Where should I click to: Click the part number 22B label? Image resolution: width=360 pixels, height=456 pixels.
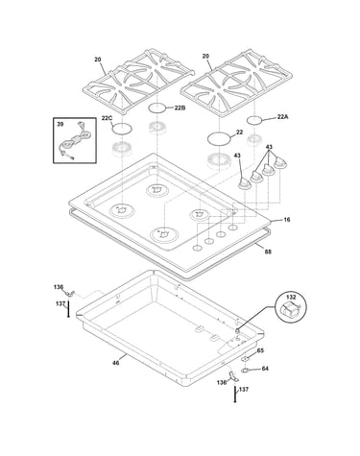180,108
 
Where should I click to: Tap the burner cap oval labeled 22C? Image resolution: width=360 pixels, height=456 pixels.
122,129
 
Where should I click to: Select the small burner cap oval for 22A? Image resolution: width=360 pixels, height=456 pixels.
254,120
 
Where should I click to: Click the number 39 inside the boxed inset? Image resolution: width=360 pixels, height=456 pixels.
60,124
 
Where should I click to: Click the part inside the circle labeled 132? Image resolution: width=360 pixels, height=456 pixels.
290,309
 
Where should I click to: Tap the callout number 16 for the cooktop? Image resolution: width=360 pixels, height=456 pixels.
287,220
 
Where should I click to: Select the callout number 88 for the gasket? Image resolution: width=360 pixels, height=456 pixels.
268,252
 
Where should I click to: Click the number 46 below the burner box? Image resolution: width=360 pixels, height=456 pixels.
116,363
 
